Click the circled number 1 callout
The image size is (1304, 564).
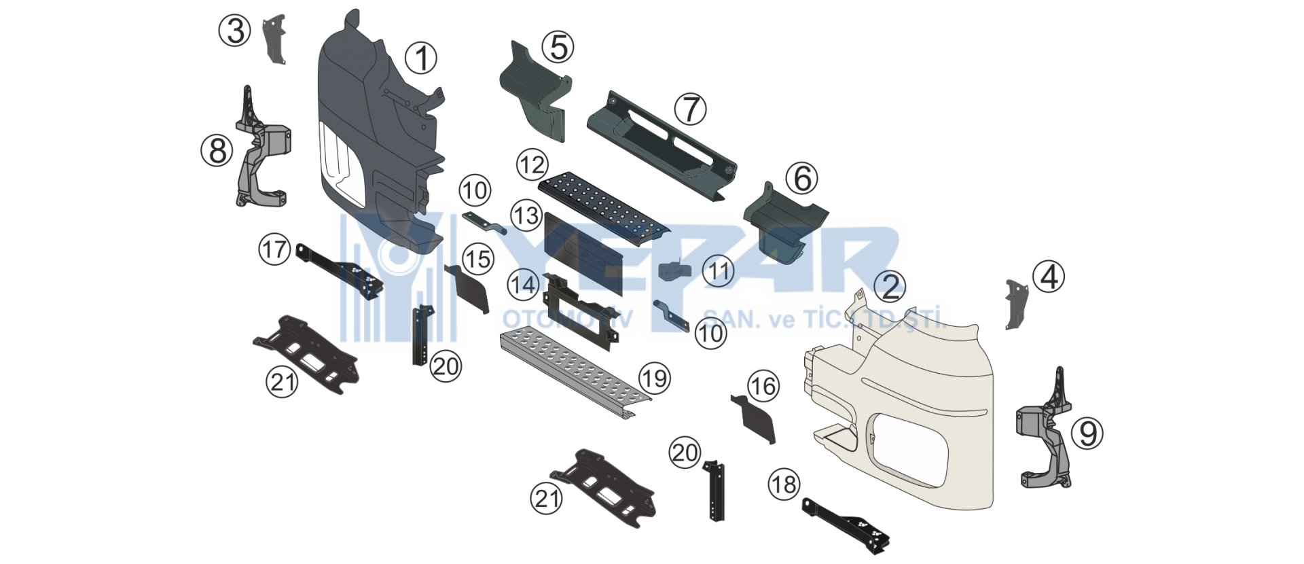(421, 58)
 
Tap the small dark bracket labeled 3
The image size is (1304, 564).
(275, 39)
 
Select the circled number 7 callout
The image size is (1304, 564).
(690, 109)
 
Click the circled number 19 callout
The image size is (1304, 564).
(655, 378)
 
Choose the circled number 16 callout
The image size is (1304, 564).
(763, 387)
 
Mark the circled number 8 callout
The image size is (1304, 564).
(217, 150)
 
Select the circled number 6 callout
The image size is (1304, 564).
(802, 179)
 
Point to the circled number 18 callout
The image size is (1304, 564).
(784, 484)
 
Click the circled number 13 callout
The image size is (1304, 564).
(526, 216)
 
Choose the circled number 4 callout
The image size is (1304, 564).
(1049, 277)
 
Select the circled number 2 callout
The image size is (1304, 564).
(890, 287)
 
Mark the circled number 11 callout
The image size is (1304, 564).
(719, 272)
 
